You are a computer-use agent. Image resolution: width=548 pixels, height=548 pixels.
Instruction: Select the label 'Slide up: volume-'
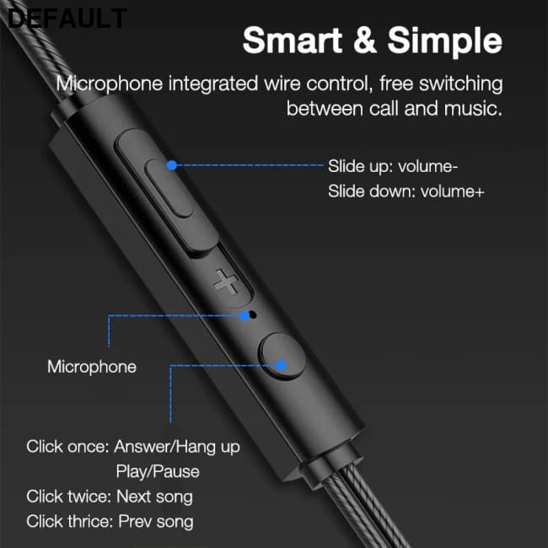coord(393,166)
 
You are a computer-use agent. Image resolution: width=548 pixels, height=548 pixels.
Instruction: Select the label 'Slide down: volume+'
coord(406,191)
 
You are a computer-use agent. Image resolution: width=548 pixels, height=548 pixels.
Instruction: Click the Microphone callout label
coord(91,367)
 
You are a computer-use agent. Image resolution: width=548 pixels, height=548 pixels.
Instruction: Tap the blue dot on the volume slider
coord(172,166)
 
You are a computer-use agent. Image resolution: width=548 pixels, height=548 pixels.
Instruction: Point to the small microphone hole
coord(245,316)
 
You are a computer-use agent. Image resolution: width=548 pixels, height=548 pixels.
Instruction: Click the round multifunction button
coord(280,359)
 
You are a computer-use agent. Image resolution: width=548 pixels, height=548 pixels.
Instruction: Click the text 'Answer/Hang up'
coord(177,446)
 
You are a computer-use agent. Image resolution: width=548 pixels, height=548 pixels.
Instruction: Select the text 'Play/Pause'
coord(158,471)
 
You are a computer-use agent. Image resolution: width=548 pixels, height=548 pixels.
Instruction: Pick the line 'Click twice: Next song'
coord(110,497)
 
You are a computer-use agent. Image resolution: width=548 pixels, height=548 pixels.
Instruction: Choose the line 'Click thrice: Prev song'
coord(110,522)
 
